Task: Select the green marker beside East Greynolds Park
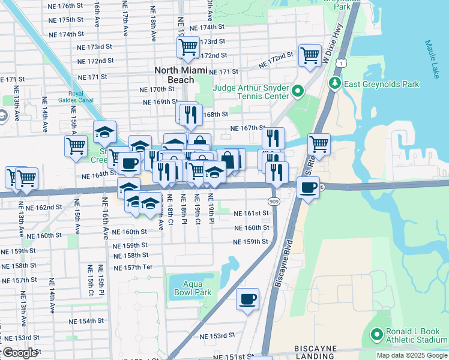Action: [x=335, y=84]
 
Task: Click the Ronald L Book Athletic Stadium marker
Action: [x=376, y=334]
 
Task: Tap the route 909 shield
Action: [x=274, y=200]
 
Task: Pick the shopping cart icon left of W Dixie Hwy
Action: [x=310, y=56]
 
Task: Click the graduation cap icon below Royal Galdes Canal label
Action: [x=104, y=133]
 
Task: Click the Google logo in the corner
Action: [x=20, y=353]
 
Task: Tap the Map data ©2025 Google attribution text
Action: [x=411, y=355]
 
